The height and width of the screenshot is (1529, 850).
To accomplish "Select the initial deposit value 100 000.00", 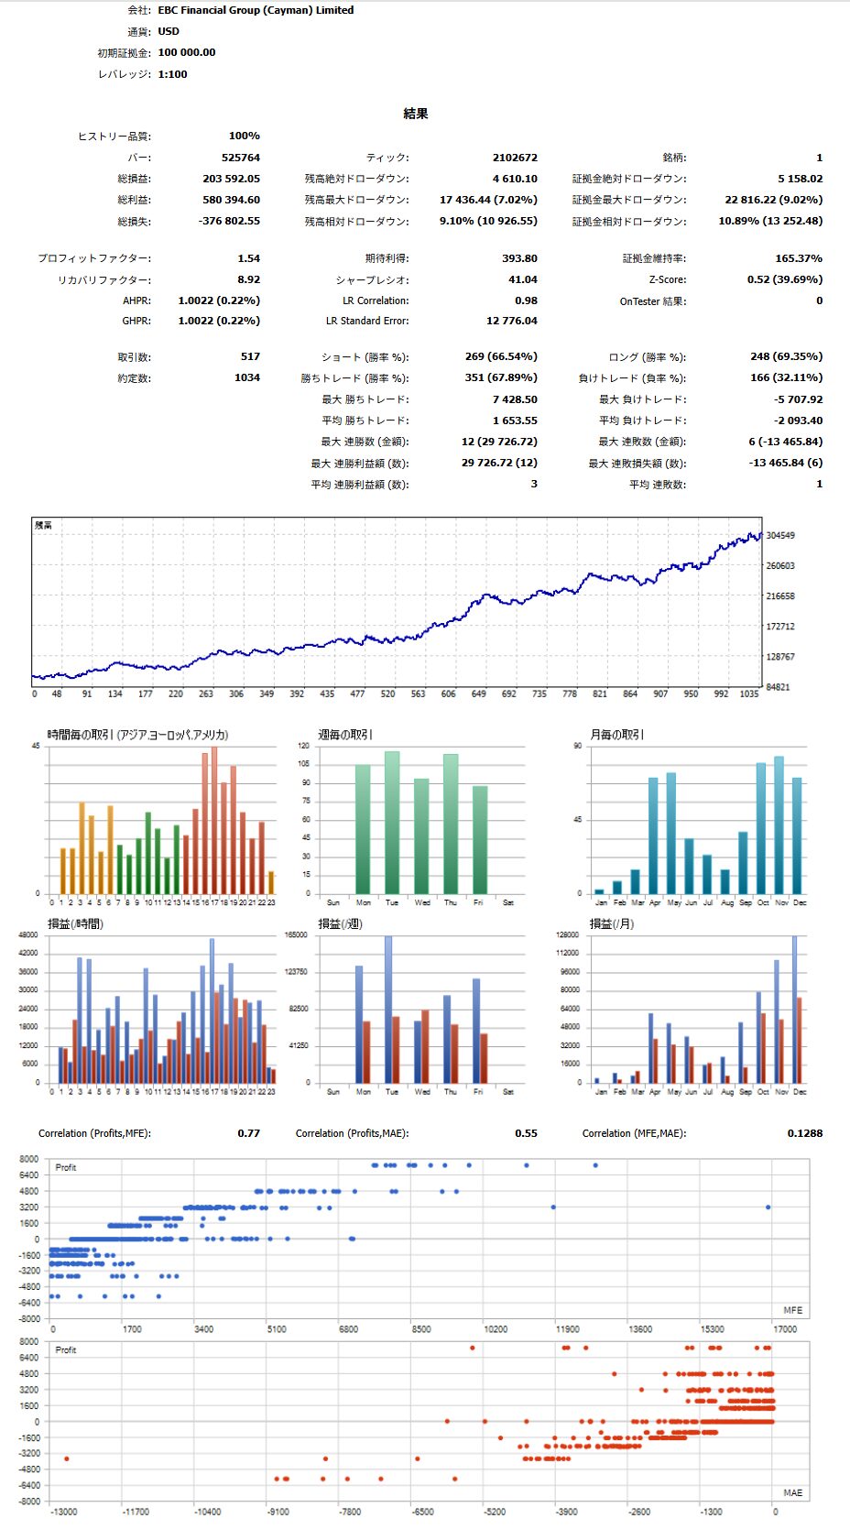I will click(x=187, y=52).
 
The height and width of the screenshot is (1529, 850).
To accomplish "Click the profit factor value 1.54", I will click(x=248, y=258).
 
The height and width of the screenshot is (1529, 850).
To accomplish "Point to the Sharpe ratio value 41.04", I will click(x=522, y=279).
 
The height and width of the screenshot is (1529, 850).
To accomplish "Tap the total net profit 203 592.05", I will click(x=231, y=179).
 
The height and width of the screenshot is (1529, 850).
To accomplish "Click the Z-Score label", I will click(x=667, y=279).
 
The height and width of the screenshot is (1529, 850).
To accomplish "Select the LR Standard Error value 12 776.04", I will click(x=512, y=321).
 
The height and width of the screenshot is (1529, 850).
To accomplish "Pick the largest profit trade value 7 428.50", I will click(x=515, y=399).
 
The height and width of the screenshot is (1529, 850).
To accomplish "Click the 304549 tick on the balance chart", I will click(x=780, y=535).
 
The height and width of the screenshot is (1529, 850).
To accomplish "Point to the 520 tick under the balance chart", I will click(x=387, y=694).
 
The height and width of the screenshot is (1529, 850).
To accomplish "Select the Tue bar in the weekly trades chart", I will click(x=392, y=823).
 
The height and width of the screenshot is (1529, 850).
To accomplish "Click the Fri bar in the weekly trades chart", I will click(x=480, y=840).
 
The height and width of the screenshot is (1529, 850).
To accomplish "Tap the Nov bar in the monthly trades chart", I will click(x=779, y=825).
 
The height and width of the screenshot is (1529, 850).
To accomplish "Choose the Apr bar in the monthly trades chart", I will click(x=653, y=835).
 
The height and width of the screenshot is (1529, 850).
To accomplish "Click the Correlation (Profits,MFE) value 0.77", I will click(x=248, y=1133).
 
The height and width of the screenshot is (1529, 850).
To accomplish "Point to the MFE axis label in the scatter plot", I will click(x=792, y=1310).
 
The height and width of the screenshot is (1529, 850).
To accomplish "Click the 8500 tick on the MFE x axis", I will click(x=421, y=1329).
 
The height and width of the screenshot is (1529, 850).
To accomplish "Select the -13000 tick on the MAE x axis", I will click(x=63, y=1512).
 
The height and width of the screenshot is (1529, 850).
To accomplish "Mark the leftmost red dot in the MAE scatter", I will click(x=67, y=1458).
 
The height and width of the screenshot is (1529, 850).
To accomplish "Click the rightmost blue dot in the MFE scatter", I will click(x=768, y=1207).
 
